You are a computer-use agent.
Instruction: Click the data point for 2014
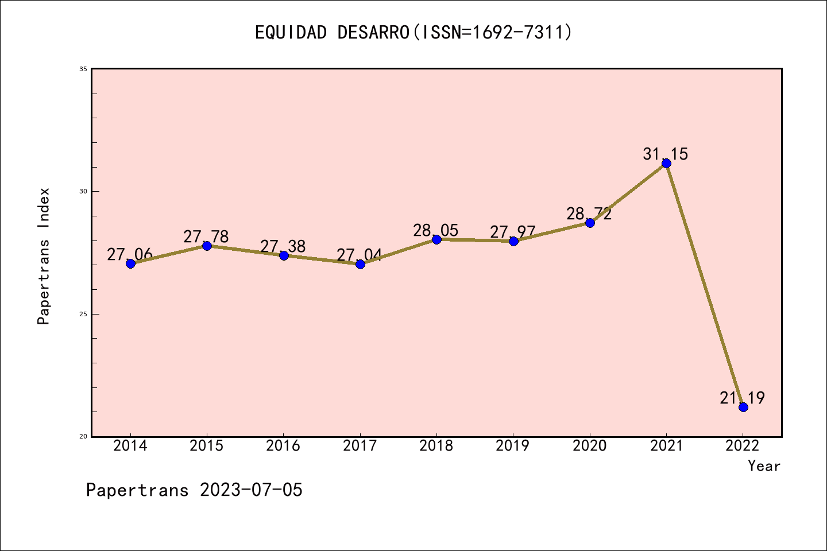pos(130,263)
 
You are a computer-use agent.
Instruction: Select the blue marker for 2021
pos(666,164)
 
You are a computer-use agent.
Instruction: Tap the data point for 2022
pos(743,407)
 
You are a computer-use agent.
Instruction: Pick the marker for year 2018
pos(436,239)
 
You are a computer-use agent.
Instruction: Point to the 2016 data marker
pos(284,255)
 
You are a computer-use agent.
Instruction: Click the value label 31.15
pos(665,154)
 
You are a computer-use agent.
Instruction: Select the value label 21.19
pos(742,398)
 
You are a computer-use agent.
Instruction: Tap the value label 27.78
pos(206,236)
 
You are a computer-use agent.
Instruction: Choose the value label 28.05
pos(436,230)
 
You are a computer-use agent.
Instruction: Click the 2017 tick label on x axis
pos(360,446)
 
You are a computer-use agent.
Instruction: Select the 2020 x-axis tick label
pos(590,446)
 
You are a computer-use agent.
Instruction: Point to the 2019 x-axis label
pos(513,446)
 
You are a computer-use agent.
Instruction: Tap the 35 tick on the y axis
pos(83,69)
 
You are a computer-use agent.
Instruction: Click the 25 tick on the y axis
pos(83,314)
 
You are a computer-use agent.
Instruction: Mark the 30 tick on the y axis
pos(83,191)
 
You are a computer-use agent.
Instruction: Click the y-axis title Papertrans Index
pos(44,256)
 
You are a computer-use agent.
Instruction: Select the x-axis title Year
pos(764,466)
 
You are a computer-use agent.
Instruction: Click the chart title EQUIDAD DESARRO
pos(413,32)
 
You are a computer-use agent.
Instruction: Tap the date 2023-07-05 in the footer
pos(251,490)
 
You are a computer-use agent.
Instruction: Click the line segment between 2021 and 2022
pos(705,285)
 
